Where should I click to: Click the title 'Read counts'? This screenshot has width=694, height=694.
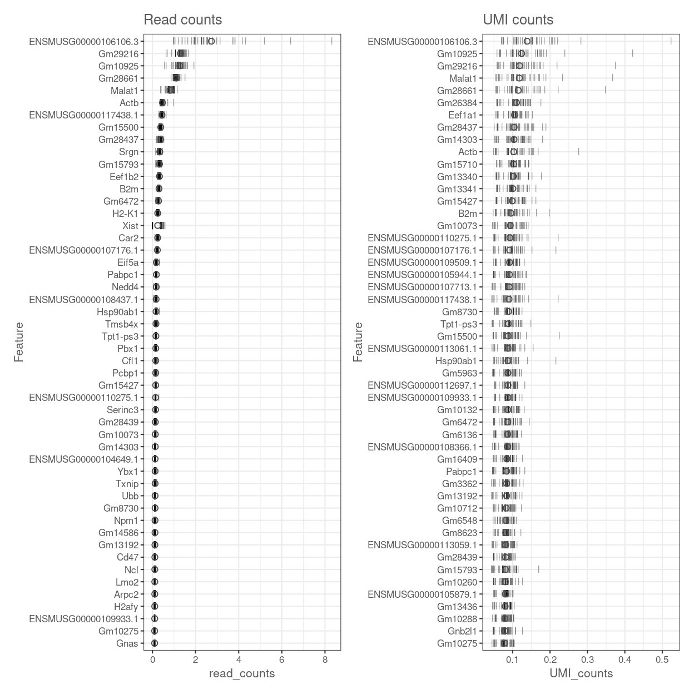(x=182, y=20)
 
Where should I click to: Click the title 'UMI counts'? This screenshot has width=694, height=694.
(x=518, y=20)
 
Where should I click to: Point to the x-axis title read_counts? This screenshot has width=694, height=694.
(x=241, y=673)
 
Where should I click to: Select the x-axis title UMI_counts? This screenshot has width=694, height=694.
(x=581, y=673)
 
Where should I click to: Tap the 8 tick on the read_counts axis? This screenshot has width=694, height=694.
(x=325, y=661)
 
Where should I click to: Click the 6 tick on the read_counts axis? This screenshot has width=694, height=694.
(x=282, y=661)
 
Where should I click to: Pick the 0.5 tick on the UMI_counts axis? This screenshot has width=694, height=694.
(x=662, y=661)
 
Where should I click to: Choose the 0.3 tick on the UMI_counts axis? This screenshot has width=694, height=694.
(x=587, y=661)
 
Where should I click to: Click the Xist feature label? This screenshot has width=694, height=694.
(x=130, y=226)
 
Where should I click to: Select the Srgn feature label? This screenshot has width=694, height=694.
(x=128, y=152)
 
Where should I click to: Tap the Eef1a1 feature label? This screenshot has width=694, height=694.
(x=463, y=115)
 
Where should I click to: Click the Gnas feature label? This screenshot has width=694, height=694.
(x=127, y=643)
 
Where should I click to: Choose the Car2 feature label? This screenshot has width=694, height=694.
(x=128, y=238)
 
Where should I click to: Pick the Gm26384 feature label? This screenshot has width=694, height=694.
(x=457, y=103)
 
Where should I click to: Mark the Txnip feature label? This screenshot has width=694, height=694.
(x=127, y=484)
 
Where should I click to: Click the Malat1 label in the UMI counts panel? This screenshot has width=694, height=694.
(x=463, y=78)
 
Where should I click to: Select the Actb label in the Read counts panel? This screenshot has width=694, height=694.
(x=129, y=103)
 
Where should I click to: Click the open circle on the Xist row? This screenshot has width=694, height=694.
(x=157, y=226)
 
